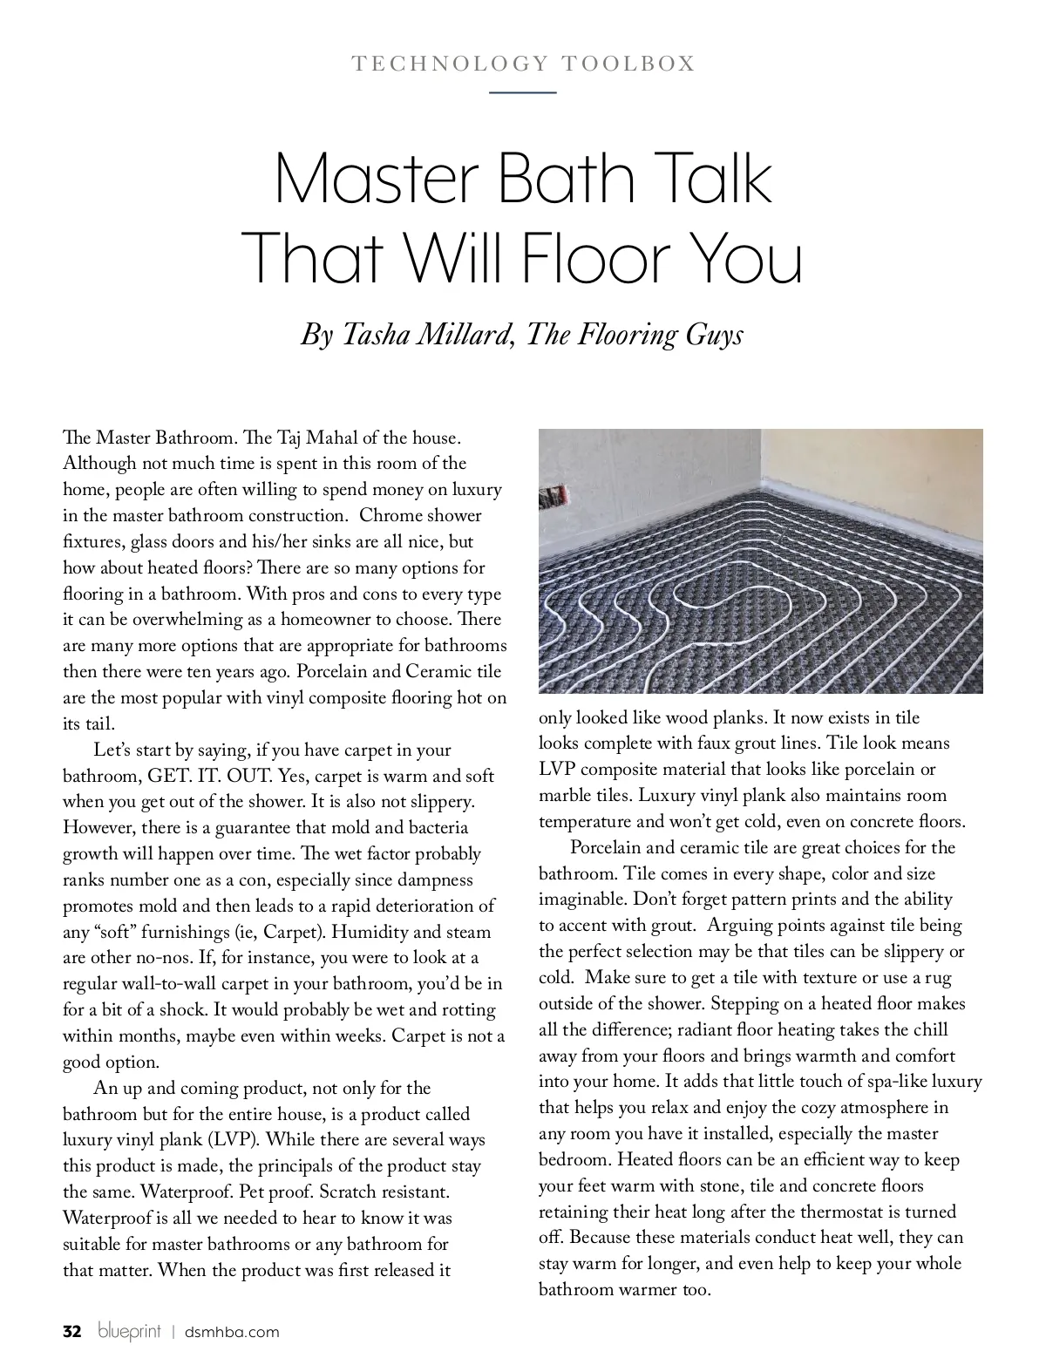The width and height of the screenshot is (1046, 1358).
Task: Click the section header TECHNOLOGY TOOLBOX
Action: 523,64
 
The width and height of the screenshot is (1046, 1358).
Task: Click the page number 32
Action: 72,1332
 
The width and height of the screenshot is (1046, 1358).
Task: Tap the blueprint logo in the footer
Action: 130,1332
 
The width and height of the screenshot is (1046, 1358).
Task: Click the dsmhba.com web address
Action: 232,1332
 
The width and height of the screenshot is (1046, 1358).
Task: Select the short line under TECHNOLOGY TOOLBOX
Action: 523,92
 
